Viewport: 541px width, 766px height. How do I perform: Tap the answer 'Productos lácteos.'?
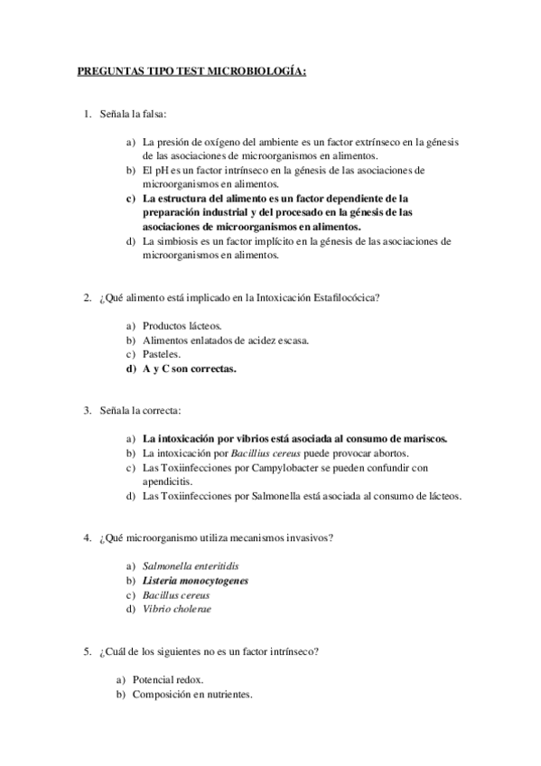[x=182, y=325]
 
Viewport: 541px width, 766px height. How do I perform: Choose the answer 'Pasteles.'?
[x=163, y=354]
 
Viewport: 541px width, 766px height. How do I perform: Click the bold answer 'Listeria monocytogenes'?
[x=195, y=581]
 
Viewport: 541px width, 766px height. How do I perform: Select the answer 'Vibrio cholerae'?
[x=177, y=610]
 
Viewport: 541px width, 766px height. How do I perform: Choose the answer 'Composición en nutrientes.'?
[x=191, y=695]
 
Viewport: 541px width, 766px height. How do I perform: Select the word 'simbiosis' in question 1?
[x=180, y=241]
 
